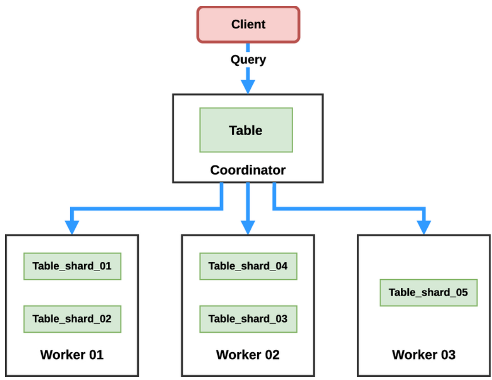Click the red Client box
pyautogui.click(x=248, y=25)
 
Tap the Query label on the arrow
pyautogui.click(x=248, y=60)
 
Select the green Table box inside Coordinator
pyautogui.click(x=246, y=130)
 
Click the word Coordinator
pyautogui.click(x=248, y=170)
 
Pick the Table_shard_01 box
pyautogui.click(x=72, y=266)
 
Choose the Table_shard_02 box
pyautogui.click(x=72, y=319)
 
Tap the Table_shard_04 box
pyautogui.click(x=248, y=266)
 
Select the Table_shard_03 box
pyautogui.click(x=248, y=319)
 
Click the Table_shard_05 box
pyautogui.click(x=429, y=293)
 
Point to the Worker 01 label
pyautogui.click(x=72, y=355)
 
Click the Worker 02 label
pyautogui.click(x=248, y=355)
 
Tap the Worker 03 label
pyautogui.click(x=424, y=355)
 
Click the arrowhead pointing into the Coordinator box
pyautogui.click(x=248, y=87)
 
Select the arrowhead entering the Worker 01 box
pyautogui.click(x=72, y=227)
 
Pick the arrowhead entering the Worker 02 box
pyautogui.click(x=248, y=227)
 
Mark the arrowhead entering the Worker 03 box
pyautogui.click(x=424, y=227)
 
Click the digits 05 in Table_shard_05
pyautogui.click(x=462, y=293)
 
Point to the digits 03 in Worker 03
pyautogui.click(x=449, y=355)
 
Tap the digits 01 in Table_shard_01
pyautogui.click(x=105, y=266)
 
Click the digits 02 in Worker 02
pyautogui.click(x=272, y=355)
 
